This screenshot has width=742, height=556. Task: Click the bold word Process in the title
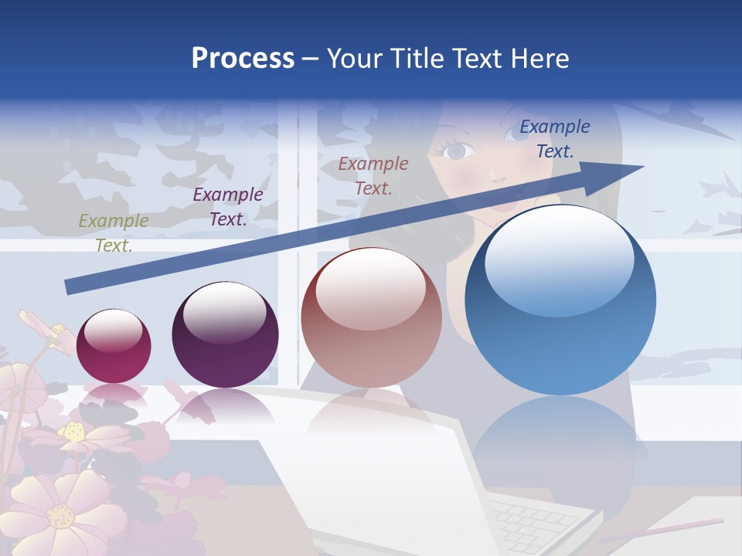coord(243,59)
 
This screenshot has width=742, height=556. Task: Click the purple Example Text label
coord(228,207)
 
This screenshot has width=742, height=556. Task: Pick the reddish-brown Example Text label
coord(373,175)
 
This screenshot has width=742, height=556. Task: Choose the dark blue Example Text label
coord(554,139)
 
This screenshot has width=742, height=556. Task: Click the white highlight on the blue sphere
coord(559,259)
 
